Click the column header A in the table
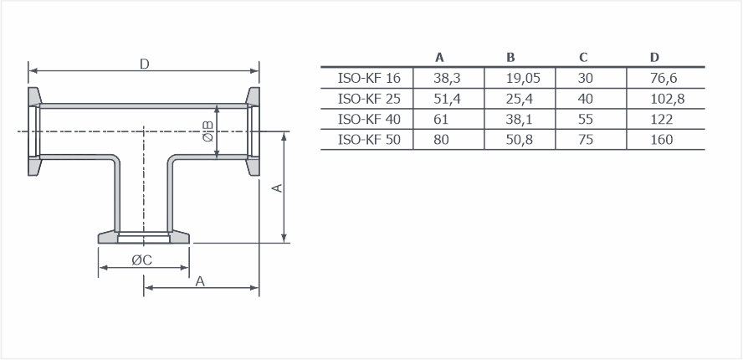click(x=440, y=58)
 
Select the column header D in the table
click(x=654, y=58)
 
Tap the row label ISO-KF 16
click(x=369, y=78)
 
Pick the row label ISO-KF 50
click(x=369, y=140)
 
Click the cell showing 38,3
click(x=448, y=78)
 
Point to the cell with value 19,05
click(x=523, y=78)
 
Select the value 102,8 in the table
click(x=668, y=99)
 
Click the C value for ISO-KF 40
click(x=585, y=119)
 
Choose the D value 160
click(x=662, y=140)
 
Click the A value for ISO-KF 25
click(x=448, y=99)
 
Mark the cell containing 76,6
click(x=664, y=78)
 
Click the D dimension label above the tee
click(x=145, y=64)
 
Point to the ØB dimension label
click(x=208, y=131)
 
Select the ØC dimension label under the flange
click(x=142, y=260)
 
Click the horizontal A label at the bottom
click(x=201, y=281)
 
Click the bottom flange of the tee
click(x=144, y=238)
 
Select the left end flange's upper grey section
click(x=34, y=97)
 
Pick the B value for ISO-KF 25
click(x=519, y=99)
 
